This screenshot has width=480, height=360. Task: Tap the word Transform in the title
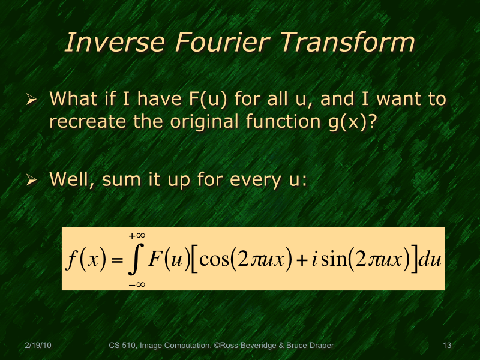coord(348,43)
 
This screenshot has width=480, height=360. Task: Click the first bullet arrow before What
coord(34,98)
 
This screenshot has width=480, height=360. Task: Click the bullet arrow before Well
coord(34,179)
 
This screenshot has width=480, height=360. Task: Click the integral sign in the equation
coord(137,259)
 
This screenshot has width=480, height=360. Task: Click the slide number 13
coord(446,346)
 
